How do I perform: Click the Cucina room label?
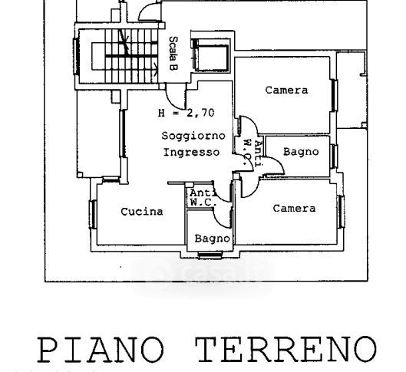point(142,212)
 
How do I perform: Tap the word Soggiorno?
point(193,136)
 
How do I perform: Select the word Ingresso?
point(191,152)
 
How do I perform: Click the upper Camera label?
point(286,91)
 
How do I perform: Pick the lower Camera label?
point(294,209)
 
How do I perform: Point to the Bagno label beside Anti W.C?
point(301,152)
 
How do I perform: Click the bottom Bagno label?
point(213,239)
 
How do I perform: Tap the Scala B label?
point(173,54)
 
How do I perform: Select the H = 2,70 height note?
point(186,113)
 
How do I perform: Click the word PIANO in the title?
point(101,350)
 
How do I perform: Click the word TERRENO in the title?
point(286,350)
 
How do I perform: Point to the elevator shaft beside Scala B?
point(211,55)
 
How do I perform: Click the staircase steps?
point(131,56)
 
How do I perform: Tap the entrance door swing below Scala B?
point(176,96)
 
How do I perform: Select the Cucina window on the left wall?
point(93,214)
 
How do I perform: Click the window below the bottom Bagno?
point(210,255)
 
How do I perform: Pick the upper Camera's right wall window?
point(334,95)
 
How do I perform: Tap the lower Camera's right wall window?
point(341,212)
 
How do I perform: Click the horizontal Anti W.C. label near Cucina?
point(203,198)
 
